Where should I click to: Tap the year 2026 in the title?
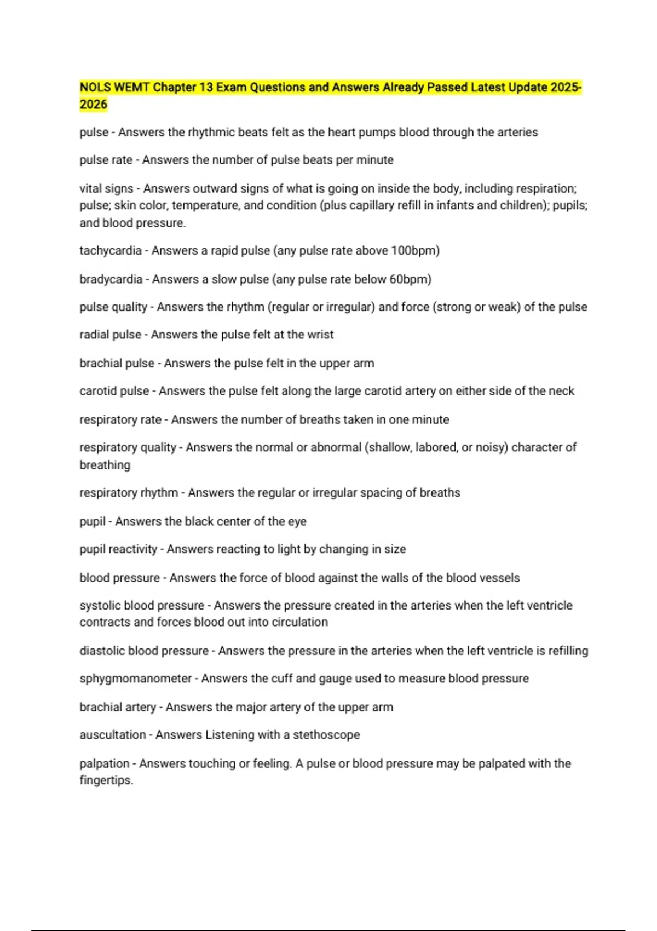[x=93, y=105]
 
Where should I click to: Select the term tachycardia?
[x=110, y=251]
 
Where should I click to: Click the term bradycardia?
[x=111, y=279]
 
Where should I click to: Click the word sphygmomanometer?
[x=135, y=679]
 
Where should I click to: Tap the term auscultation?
[x=112, y=735]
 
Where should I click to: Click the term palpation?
[x=104, y=763]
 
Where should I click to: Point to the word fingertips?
[x=106, y=780]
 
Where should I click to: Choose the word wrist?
[x=320, y=335]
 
